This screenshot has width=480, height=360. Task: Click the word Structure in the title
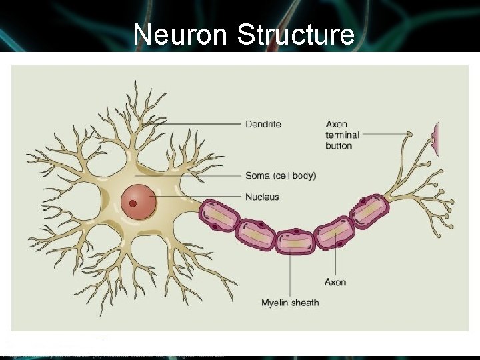(x=295, y=34)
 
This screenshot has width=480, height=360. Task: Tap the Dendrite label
(x=263, y=124)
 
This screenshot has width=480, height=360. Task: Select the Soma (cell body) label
(x=280, y=176)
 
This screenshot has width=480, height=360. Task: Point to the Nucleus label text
(x=262, y=197)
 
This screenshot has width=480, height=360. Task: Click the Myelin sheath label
(x=290, y=303)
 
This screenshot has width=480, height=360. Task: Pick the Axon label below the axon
(x=335, y=282)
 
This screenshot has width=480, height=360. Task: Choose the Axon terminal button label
(x=343, y=135)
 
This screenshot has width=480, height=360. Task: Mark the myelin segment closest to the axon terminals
(x=368, y=212)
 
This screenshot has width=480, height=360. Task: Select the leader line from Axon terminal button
(x=385, y=134)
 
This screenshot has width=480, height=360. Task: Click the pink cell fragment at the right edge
(x=436, y=139)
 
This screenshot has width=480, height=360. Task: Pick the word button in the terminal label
(x=339, y=145)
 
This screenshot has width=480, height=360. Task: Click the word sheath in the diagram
(x=305, y=303)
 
